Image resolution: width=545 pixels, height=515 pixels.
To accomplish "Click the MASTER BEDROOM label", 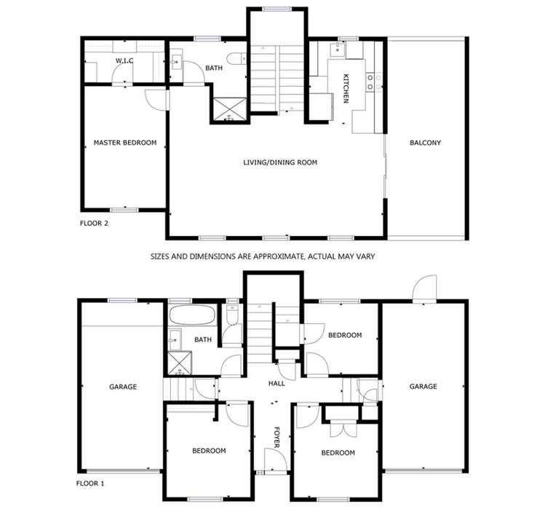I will [x=124, y=143].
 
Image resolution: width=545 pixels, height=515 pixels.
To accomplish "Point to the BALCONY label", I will [x=425, y=143].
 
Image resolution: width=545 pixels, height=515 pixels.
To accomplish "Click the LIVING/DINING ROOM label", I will [x=280, y=162].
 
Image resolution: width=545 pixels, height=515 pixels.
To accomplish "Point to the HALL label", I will [x=277, y=383].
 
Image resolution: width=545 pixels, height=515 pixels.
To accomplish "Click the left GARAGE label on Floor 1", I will [x=123, y=387].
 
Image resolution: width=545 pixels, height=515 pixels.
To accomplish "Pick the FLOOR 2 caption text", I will [x=94, y=224].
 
